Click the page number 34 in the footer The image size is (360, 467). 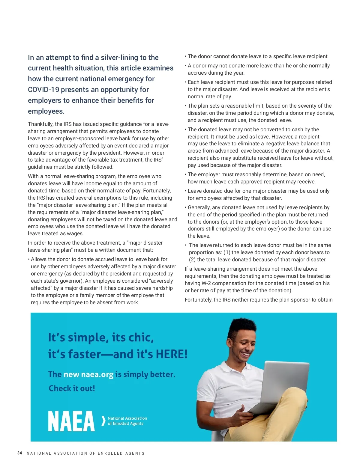[20, 453]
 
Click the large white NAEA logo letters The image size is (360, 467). [71, 421]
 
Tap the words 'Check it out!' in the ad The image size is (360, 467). [72, 388]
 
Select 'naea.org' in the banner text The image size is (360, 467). [97, 375]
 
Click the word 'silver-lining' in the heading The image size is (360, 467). [121, 58]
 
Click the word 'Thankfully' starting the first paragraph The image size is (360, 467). [40, 124]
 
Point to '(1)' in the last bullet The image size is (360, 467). [227, 252]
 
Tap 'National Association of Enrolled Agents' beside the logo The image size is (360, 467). [127, 421]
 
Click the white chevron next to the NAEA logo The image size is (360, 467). [103, 421]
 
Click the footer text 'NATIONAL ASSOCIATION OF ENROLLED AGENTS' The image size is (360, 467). [85, 453]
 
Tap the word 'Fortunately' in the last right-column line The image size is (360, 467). [198, 300]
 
